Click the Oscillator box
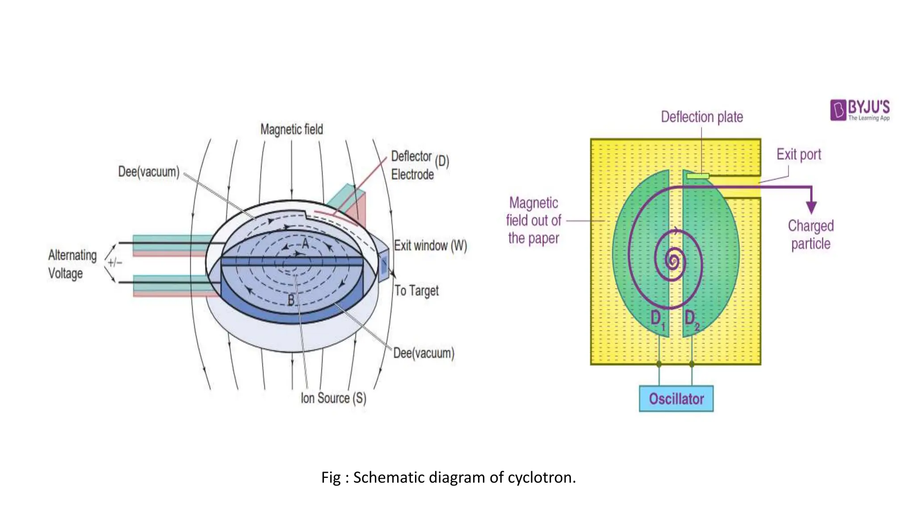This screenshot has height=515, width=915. [x=676, y=398]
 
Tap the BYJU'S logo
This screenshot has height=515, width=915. [x=860, y=110]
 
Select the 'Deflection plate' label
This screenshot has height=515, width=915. [x=702, y=117]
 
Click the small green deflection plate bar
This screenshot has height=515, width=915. [x=697, y=176]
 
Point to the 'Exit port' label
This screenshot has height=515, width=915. [x=798, y=155]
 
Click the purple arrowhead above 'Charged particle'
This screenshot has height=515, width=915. [x=811, y=207]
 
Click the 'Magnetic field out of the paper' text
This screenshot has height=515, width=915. [x=533, y=220]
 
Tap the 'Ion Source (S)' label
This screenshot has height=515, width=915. [x=333, y=398]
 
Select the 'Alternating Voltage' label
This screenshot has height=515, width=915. [x=72, y=264]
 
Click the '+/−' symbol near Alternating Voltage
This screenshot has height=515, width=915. [x=115, y=262]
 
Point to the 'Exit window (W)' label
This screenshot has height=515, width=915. [x=430, y=245]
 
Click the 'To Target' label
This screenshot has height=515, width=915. [x=416, y=291]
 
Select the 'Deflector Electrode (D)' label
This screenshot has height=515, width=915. [x=419, y=165]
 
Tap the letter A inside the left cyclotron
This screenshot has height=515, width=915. [x=306, y=244]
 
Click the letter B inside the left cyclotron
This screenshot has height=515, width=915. [x=291, y=300]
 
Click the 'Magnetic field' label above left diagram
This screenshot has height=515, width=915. [x=292, y=130]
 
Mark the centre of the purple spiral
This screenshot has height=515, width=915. [x=672, y=260]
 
